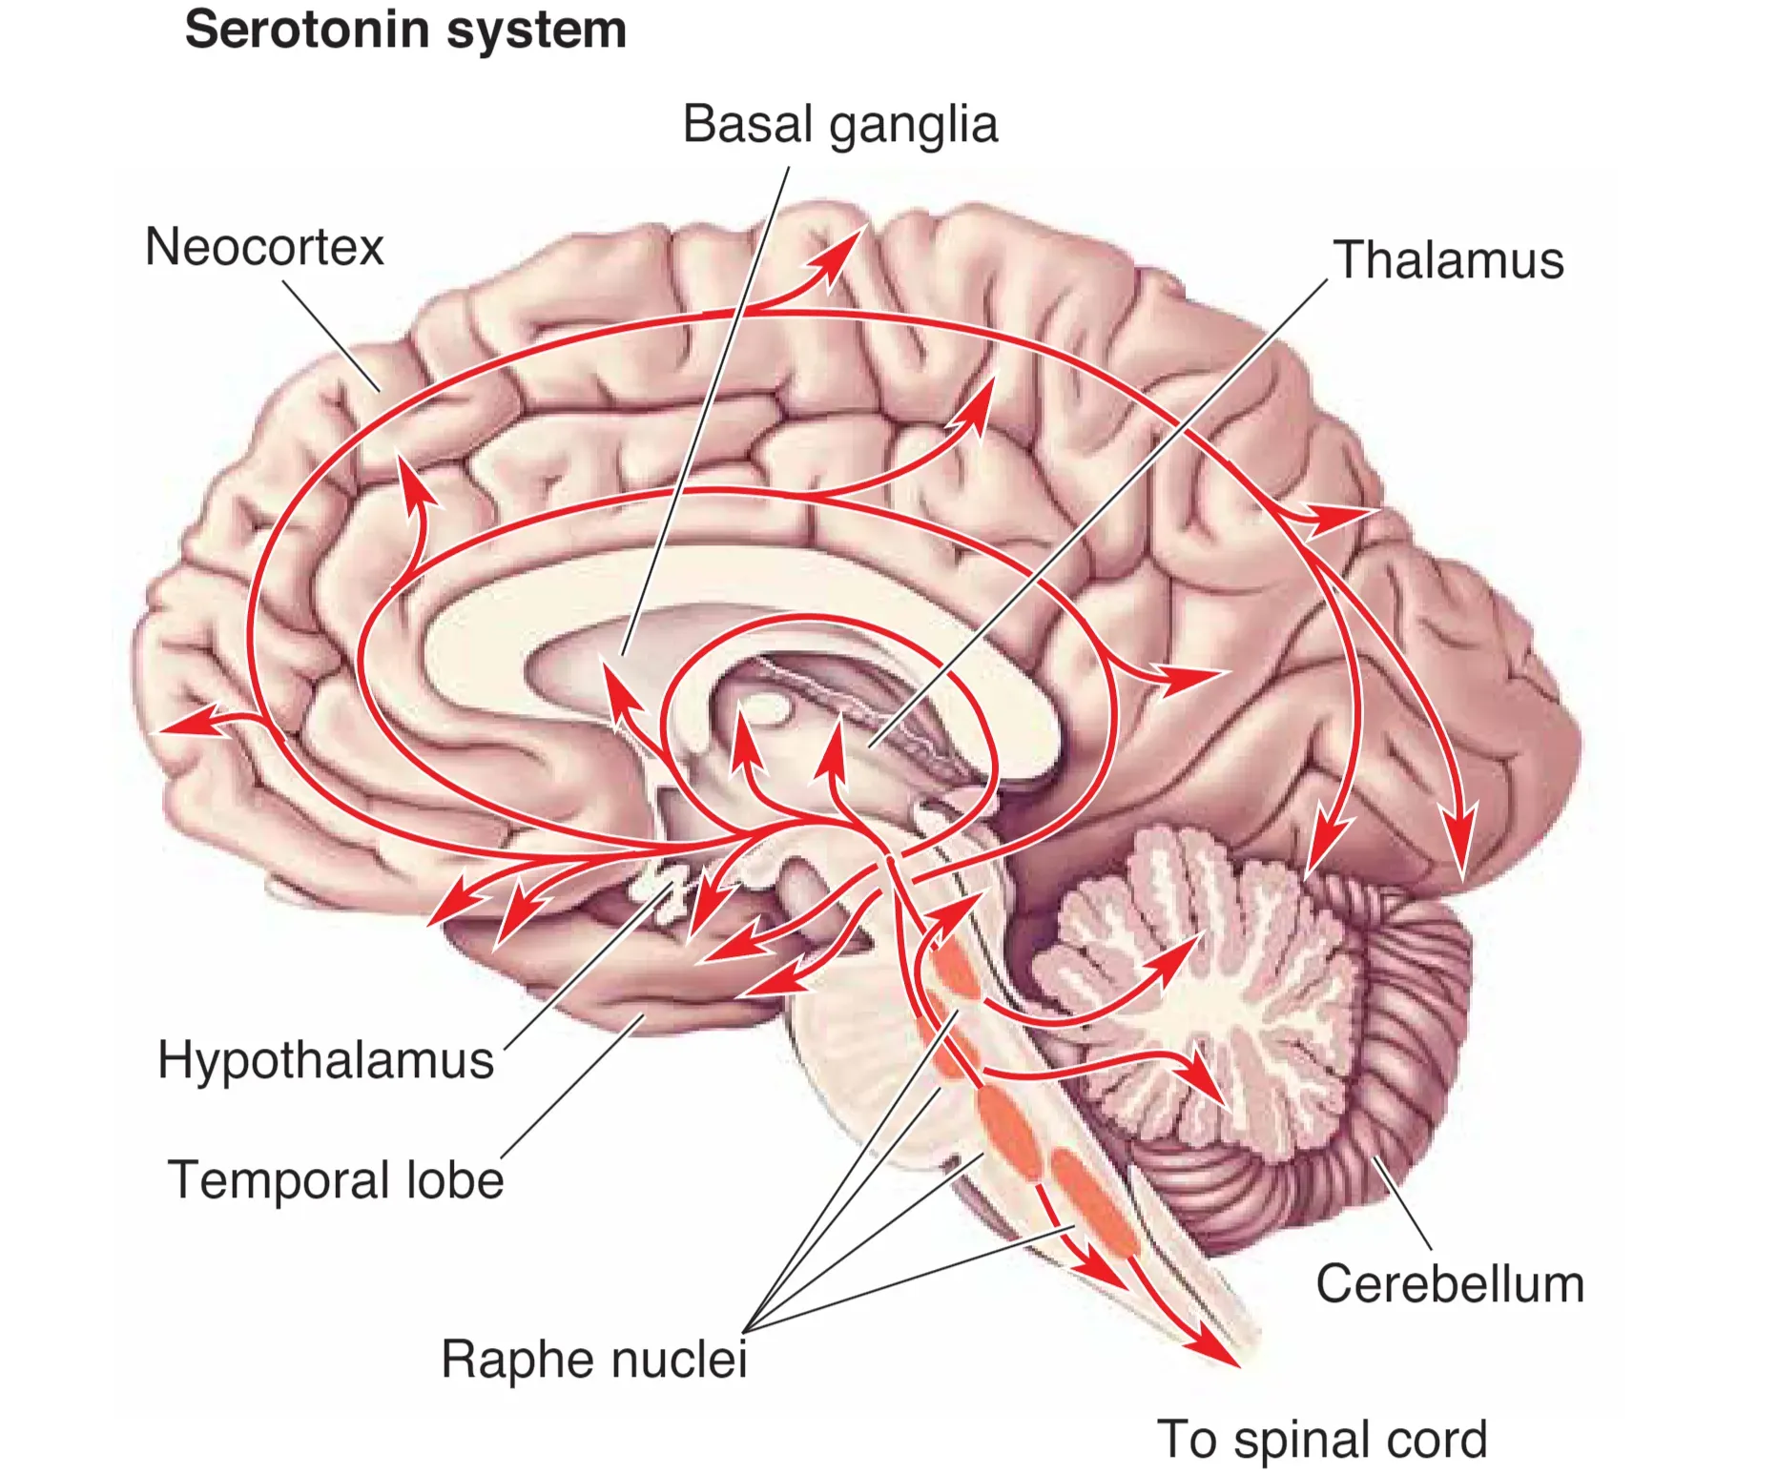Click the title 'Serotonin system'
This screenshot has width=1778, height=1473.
click(x=405, y=30)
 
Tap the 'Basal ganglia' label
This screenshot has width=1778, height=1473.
click(x=839, y=125)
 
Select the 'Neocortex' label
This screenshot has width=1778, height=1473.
click(x=264, y=247)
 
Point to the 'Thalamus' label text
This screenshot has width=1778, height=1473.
click(x=1448, y=259)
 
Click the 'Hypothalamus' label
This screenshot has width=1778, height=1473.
click(x=325, y=1059)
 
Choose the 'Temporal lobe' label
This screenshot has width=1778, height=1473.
click(x=335, y=1179)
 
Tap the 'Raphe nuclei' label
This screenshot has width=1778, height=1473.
click(x=593, y=1358)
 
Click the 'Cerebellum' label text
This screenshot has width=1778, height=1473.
click(x=1449, y=1283)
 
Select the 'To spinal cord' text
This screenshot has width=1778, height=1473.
click(x=1321, y=1439)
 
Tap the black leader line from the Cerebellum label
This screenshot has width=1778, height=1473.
click(x=1402, y=1203)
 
